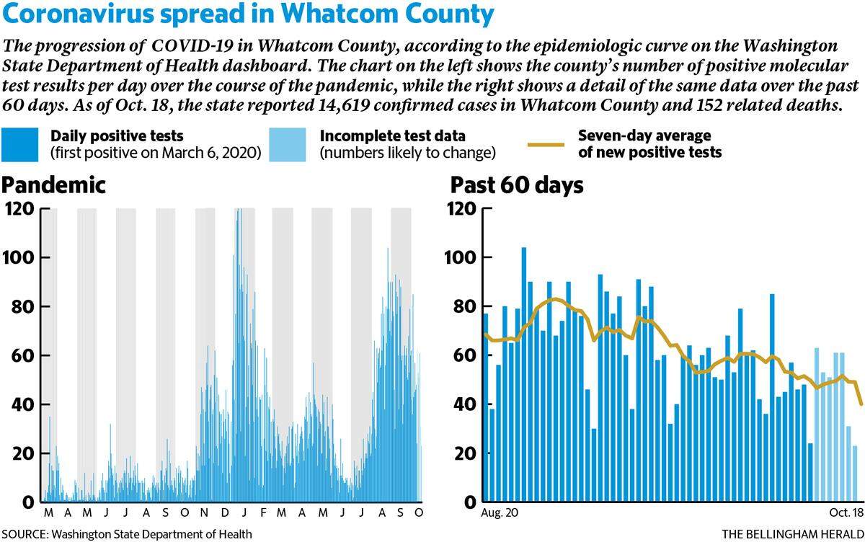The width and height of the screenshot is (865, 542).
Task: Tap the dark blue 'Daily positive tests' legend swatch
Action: pyautogui.click(x=19, y=144)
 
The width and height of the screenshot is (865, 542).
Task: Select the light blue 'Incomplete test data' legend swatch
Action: pyautogui.click(x=288, y=144)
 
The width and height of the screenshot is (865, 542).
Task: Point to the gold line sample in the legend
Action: pyautogui.click(x=546, y=145)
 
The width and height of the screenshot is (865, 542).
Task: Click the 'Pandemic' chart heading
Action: pyautogui.click(x=53, y=185)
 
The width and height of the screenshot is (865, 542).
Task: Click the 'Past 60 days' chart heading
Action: pyautogui.click(x=517, y=185)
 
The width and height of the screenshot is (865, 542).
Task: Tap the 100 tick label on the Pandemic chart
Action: pyautogui.click(x=19, y=257)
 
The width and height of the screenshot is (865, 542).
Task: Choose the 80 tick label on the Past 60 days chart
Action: pyautogui.click(x=464, y=306)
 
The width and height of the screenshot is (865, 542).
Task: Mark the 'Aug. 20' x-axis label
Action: pyautogui.click(x=500, y=512)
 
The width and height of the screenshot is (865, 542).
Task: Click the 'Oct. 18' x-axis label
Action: pyautogui.click(x=846, y=512)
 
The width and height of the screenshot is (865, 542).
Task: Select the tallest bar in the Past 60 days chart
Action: pyautogui.click(x=523, y=375)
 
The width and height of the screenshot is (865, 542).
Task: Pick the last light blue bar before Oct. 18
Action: pyautogui.click(x=855, y=474)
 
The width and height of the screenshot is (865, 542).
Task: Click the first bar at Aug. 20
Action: pyautogui.click(x=486, y=408)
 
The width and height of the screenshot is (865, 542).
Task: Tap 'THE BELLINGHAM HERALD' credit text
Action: pyautogui.click(x=793, y=534)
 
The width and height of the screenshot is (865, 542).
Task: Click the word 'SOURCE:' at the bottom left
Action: pyautogui.click(x=25, y=534)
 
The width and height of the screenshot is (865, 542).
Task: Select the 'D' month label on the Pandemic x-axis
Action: pyautogui.click(x=224, y=512)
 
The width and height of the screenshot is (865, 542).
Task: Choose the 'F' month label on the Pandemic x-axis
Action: pyautogui.click(x=263, y=512)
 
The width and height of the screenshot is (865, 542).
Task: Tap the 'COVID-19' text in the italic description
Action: pyautogui.click(x=192, y=45)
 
